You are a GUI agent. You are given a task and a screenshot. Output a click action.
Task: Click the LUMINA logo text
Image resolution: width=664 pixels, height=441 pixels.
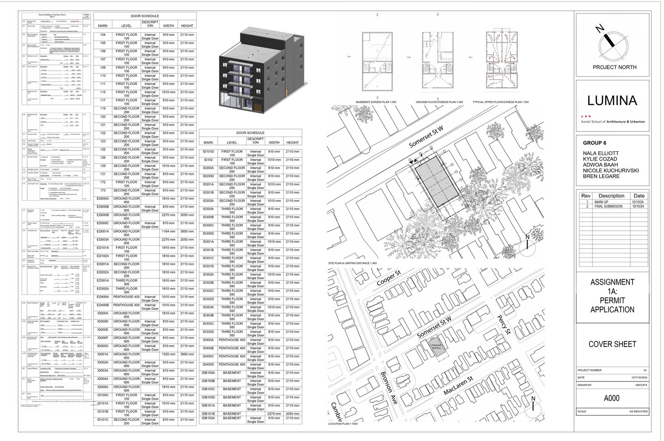click(x=612, y=101)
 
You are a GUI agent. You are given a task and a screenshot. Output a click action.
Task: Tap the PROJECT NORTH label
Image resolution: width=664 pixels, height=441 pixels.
click(x=614, y=67)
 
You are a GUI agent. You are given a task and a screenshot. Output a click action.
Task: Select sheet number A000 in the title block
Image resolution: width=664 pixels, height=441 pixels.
click(x=612, y=398)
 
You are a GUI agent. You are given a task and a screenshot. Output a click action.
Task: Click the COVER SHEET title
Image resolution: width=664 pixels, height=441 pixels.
click(x=612, y=344)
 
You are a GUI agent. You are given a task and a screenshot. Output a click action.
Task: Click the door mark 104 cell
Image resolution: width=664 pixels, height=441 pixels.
click(x=103, y=35)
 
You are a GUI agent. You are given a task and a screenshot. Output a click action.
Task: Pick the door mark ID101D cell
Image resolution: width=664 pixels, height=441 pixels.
click(x=208, y=152)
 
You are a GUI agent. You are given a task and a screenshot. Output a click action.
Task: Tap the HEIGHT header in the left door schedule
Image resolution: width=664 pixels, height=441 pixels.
click(x=187, y=26)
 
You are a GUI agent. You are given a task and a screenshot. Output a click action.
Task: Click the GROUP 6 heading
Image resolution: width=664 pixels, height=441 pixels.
click(x=594, y=143)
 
